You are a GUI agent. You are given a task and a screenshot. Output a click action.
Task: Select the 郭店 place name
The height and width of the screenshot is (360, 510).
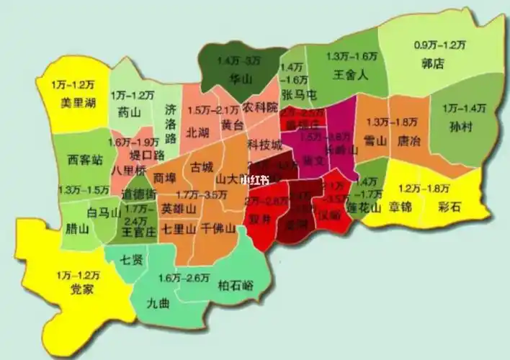432,64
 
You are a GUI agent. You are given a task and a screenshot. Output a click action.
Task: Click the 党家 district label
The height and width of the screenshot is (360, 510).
81,289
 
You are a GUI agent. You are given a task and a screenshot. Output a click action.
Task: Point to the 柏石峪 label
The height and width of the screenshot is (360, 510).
236,284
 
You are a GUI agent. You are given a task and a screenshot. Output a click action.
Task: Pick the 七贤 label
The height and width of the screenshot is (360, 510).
130,260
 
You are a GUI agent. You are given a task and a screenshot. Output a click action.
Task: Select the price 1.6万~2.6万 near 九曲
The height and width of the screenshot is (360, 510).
184,278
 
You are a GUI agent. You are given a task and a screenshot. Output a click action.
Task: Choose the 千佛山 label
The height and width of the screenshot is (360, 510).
218,230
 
